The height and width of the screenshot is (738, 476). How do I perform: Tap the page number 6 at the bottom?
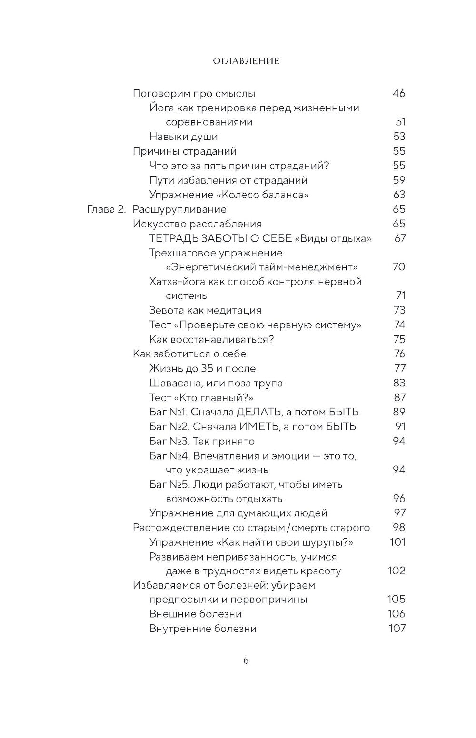[x=246, y=660]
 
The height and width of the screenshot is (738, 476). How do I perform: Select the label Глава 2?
[x=106, y=209]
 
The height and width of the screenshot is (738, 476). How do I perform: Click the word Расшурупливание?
[x=179, y=209]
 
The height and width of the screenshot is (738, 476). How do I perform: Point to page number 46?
[x=399, y=93]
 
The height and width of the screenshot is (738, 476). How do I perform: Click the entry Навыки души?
[x=183, y=137]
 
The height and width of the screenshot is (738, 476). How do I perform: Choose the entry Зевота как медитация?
[x=205, y=310]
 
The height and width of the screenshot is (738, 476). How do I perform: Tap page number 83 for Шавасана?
[x=399, y=383]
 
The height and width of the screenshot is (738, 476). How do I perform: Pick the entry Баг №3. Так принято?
[x=202, y=441]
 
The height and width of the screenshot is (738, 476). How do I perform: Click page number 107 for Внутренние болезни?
[x=397, y=628]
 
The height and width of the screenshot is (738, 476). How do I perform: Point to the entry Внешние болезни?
[x=195, y=614]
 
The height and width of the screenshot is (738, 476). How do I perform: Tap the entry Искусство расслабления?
[x=197, y=224]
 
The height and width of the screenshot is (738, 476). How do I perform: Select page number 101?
[x=397, y=541]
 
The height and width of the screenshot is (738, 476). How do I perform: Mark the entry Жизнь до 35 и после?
[x=202, y=368]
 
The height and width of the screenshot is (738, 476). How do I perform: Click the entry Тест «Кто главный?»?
[x=201, y=397]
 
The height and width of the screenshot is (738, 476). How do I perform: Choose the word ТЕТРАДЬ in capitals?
[x=173, y=238]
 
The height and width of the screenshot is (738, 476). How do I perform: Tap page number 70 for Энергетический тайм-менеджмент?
[x=399, y=266]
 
